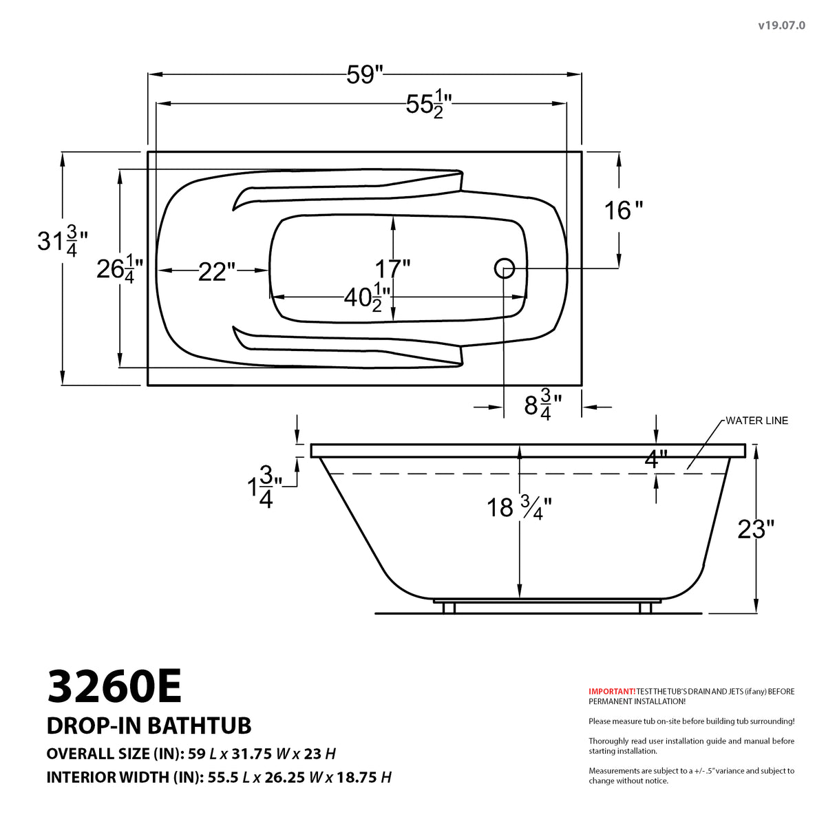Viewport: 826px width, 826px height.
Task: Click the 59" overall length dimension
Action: pos(364,74)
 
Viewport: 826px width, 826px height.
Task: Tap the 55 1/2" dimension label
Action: pos(428,105)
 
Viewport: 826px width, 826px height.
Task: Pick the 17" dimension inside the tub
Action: pos(392,267)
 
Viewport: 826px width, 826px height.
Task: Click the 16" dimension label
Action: pos(623,210)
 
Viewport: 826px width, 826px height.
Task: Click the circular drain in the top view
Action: pos(505,268)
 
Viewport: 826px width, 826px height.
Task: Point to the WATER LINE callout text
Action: pos(756,421)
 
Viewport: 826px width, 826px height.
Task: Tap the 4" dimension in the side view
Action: pos(655,458)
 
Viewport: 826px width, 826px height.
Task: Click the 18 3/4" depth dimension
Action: pos(518,508)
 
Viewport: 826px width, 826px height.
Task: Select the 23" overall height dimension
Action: pos(755,529)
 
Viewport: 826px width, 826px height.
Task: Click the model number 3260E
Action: pos(114,687)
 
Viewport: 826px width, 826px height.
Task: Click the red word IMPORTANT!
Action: pos(612,690)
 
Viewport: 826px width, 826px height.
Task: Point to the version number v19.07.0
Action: pos(781,25)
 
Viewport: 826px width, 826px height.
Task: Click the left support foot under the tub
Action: pos(449,608)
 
